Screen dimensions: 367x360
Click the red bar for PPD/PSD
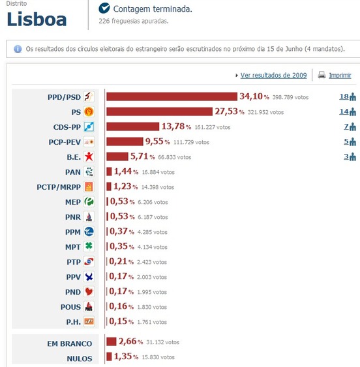click(x=172, y=97)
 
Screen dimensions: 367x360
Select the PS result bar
click(x=159, y=112)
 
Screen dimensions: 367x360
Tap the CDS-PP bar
click(x=132, y=126)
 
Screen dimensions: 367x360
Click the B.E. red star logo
click(x=89, y=156)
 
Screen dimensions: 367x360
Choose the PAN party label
click(x=72, y=172)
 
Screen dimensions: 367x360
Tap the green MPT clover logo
click(x=89, y=247)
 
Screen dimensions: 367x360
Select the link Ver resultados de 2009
click(x=273, y=76)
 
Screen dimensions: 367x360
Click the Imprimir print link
click(x=340, y=76)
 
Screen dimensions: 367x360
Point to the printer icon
click(x=322, y=75)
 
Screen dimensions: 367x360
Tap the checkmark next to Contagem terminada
click(x=104, y=8)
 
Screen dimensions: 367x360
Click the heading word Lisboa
click(x=37, y=20)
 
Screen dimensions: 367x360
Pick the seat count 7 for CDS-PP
click(x=346, y=127)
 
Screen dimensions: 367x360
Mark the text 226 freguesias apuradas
click(x=133, y=22)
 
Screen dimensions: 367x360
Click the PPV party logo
click(x=89, y=277)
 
